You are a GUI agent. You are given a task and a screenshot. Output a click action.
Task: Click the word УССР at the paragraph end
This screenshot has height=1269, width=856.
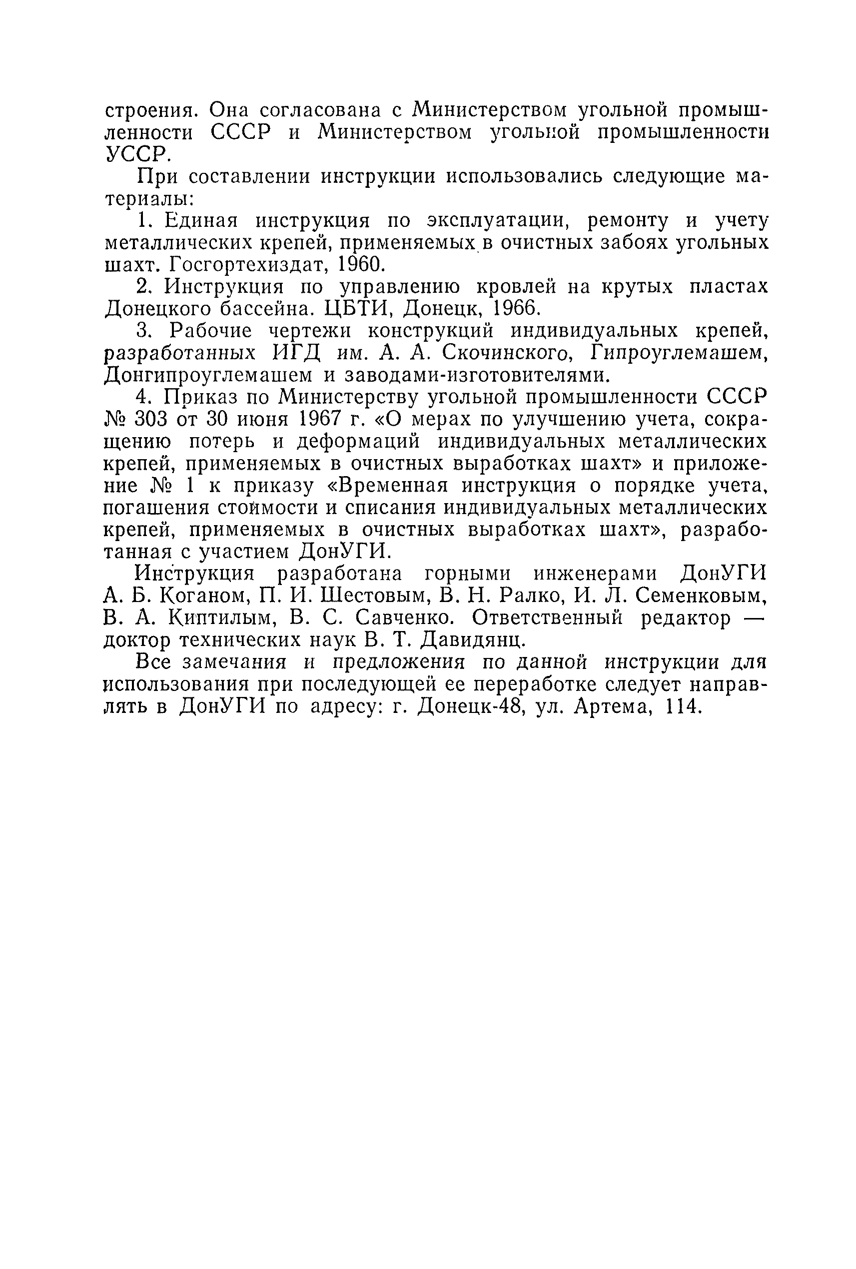pos(135,155)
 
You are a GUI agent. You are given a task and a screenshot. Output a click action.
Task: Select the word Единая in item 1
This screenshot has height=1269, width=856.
pos(201,221)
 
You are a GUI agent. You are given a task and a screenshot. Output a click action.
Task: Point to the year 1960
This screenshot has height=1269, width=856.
pos(361,265)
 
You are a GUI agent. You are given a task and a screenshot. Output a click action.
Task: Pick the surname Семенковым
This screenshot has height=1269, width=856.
pos(701,597)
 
